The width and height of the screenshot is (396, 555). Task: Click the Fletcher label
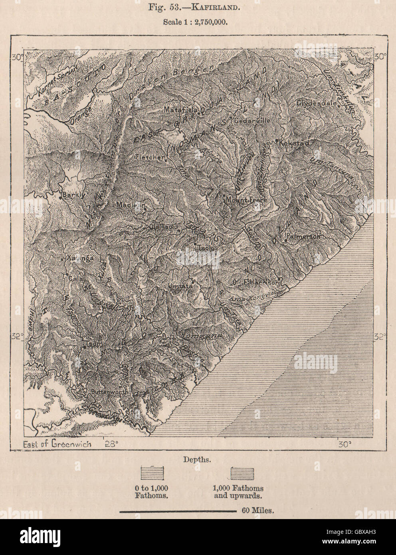point(150,157)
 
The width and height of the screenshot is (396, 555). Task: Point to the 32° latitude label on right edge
point(379,337)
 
